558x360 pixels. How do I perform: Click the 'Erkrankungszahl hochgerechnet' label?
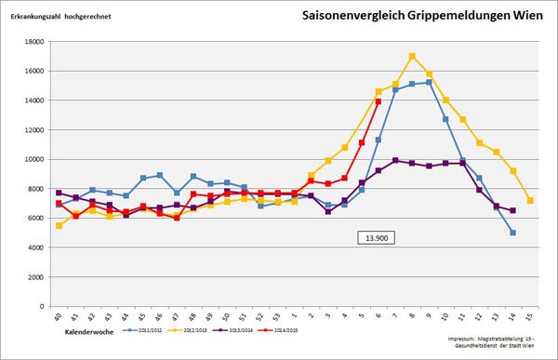[61, 18]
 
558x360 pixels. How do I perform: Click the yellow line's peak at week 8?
[412, 56]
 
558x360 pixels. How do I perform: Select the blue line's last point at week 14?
[512, 233]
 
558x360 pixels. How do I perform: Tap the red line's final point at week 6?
[379, 101]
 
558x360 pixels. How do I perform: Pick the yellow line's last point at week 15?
[529, 200]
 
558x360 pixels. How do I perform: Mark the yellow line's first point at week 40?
[59, 225]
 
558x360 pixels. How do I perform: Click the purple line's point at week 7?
[395, 160]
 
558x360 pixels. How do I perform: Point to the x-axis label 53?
[278, 318]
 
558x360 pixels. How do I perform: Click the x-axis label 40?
[59, 318]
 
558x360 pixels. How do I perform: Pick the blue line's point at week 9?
[429, 82]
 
